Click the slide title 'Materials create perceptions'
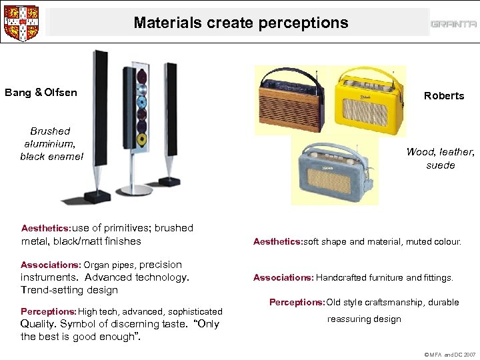241,23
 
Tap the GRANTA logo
453,24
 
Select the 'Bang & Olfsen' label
41,92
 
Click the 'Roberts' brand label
444,95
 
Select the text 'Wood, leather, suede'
441,158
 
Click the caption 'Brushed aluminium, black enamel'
51,143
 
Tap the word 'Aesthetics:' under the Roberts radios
277,242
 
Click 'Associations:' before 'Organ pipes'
51,265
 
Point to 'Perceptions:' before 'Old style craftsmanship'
297,302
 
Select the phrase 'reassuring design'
364,319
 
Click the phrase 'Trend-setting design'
69,290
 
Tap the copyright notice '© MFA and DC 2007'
450,355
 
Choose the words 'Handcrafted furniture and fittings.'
385,277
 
